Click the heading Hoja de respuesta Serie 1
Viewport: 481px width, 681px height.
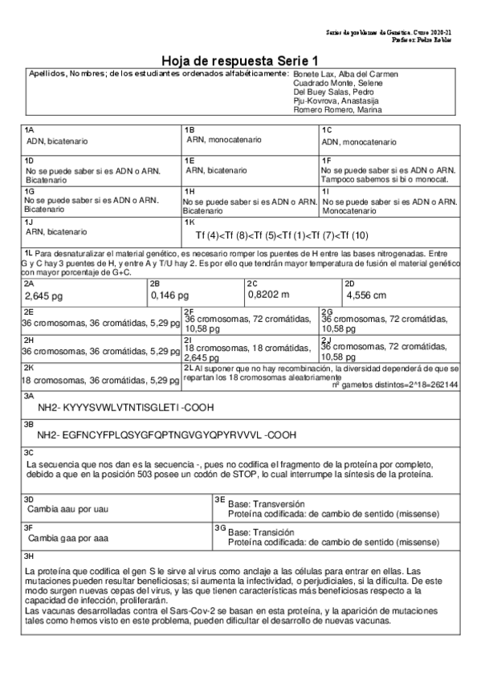point(240,61)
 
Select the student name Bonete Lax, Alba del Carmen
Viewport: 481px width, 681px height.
point(347,74)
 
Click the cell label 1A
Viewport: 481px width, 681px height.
point(29,129)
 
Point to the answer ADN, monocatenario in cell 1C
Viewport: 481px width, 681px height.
point(359,142)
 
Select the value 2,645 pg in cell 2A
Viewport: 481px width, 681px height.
point(44,296)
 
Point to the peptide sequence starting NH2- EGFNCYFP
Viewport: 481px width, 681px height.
point(167,434)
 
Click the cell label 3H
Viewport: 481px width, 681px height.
point(29,556)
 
